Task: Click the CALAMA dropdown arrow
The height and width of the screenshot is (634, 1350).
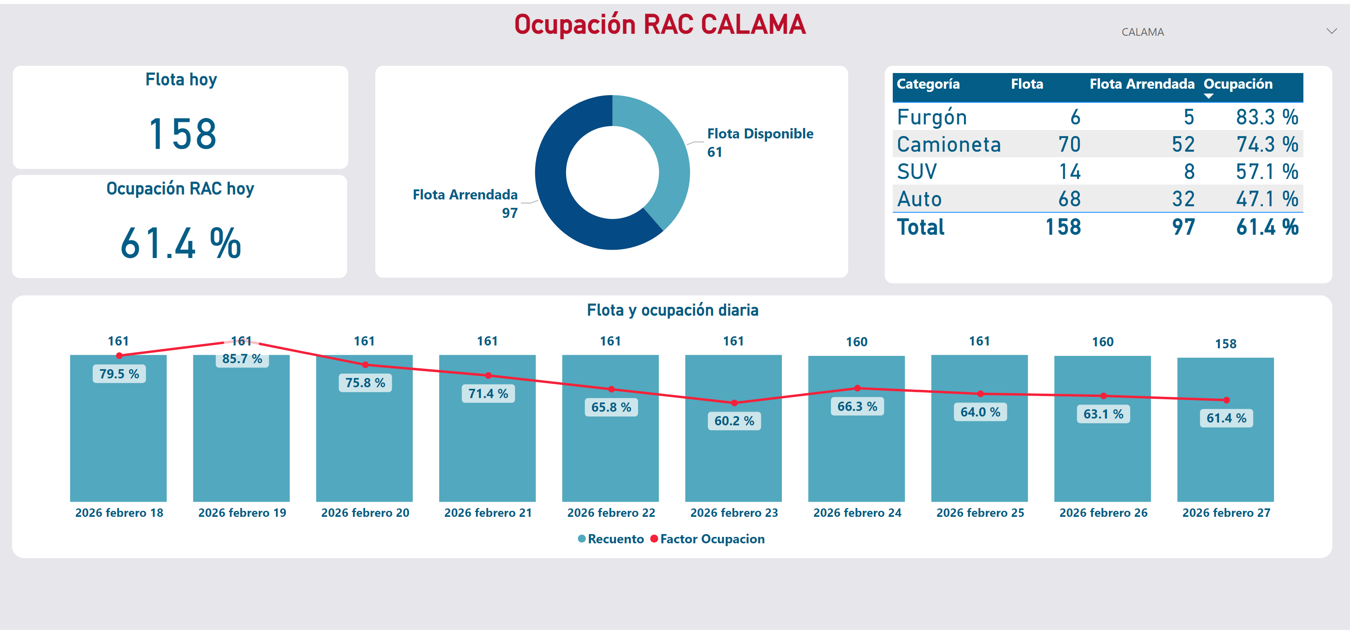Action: [x=1331, y=31]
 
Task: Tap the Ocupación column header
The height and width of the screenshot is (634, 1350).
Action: [x=1238, y=84]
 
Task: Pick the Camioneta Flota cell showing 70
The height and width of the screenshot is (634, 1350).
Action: [x=1069, y=144]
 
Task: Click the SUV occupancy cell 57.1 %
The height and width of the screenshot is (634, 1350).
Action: [x=1267, y=172]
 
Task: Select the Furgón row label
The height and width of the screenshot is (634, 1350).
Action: [x=932, y=117]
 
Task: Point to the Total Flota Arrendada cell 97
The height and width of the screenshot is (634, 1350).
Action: [x=1183, y=227]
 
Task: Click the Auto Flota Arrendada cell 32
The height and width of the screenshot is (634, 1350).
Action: [x=1183, y=199]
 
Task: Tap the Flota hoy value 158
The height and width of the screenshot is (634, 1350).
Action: [x=182, y=134]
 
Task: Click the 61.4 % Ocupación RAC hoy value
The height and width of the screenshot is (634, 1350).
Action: [x=181, y=244]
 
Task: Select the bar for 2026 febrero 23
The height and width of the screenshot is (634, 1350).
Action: [x=733, y=461]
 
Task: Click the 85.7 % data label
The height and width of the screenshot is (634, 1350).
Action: [x=242, y=359]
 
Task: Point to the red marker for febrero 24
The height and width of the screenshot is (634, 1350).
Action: [x=857, y=388]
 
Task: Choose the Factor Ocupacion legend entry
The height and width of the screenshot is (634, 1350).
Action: [x=712, y=539]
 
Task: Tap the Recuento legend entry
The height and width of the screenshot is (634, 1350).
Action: [x=615, y=539]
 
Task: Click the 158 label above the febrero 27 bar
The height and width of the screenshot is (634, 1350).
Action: [x=1226, y=344]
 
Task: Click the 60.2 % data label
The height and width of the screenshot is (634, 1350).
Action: [x=734, y=421]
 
